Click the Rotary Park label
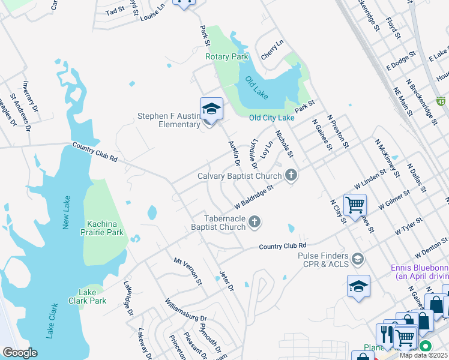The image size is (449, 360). click(227, 56)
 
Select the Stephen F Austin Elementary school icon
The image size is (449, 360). click(211, 109)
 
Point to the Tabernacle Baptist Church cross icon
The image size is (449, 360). click(254, 223)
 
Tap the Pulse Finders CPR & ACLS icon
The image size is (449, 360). click(358, 259)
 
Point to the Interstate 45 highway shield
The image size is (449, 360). click(441, 102)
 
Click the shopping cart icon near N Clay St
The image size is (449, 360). click(355, 205)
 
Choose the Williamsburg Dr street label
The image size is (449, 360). click(185, 309)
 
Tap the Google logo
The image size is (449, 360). click(19, 353)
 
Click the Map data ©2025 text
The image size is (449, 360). click(423, 355)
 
